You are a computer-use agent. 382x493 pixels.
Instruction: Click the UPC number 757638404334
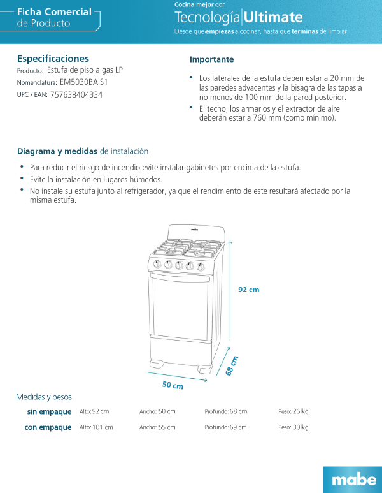(x=76, y=94)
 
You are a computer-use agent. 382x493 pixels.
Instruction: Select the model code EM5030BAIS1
(x=84, y=82)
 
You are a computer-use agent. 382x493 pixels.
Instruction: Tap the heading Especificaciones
(x=53, y=59)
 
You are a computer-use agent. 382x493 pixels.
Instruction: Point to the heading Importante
(x=211, y=59)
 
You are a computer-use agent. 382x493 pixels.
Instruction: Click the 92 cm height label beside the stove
(x=249, y=290)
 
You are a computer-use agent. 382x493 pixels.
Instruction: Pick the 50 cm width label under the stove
(x=173, y=385)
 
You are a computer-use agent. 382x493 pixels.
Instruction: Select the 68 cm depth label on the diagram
(x=232, y=365)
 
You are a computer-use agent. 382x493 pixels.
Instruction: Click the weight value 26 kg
(x=301, y=411)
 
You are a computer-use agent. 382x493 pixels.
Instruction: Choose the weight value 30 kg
(x=301, y=427)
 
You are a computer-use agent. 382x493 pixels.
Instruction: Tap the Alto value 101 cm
(x=103, y=427)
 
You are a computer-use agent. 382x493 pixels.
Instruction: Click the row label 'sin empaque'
(x=49, y=411)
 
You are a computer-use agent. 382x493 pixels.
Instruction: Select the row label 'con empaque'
(x=48, y=427)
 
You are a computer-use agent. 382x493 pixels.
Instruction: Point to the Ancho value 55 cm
(x=167, y=427)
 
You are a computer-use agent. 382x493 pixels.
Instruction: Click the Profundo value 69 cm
(x=238, y=427)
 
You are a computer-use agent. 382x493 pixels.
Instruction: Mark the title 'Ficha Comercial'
(x=54, y=12)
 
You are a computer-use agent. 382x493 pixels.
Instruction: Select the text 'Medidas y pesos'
(x=44, y=397)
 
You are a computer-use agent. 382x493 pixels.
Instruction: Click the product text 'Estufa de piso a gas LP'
(x=85, y=70)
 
